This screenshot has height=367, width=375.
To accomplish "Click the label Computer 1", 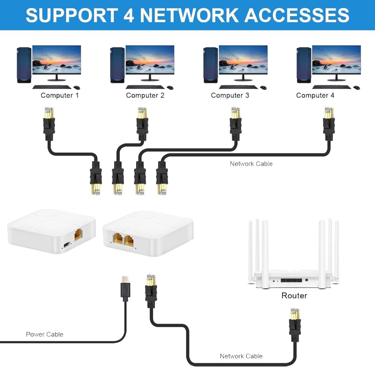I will pos(60,95).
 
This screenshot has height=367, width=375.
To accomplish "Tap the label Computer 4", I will pos(315,95).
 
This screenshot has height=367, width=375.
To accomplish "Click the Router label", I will pos(294,296).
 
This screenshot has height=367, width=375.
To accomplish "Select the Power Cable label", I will pos(45,334).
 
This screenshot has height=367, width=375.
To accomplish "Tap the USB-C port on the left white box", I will pos(66,245).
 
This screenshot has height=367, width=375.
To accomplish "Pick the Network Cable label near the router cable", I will pos(241,356).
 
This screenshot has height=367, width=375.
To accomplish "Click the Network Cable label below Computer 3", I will pos(251,164).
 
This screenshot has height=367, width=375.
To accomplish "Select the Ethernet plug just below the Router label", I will pos(294,321).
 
